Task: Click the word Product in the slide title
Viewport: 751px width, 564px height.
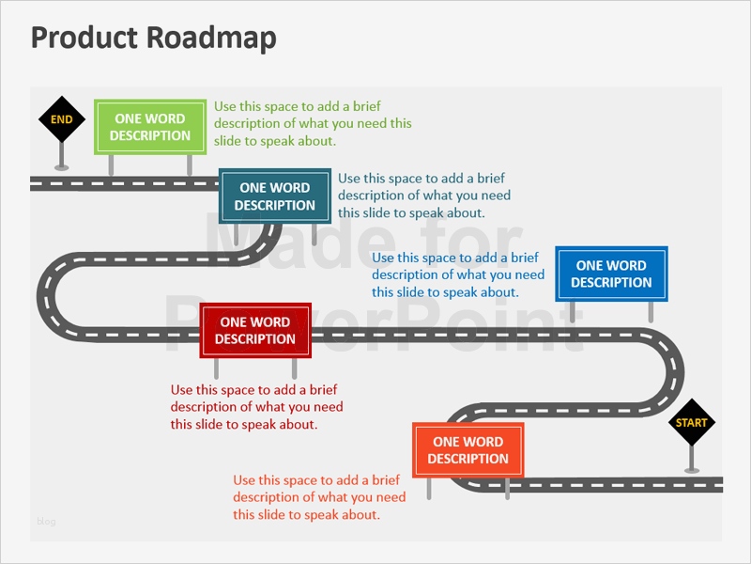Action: coord(84,38)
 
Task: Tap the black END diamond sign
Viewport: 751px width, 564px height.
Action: coord(61,119)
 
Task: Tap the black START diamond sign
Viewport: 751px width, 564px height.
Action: coord(691,422)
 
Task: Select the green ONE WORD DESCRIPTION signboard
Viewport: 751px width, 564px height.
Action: coord(150,127)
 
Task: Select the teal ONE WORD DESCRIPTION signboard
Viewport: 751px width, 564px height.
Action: coord(275,196)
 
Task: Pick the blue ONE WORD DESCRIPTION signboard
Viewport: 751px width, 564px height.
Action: coord(611,274)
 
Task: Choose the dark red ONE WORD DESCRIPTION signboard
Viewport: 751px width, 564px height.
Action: coord(254,331)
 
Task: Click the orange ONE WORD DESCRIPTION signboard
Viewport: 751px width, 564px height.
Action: coord(467,450)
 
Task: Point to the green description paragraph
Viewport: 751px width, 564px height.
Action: coord(313,124)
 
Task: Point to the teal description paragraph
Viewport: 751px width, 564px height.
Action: coord(424,196)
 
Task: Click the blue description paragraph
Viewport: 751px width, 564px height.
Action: coord(458,274)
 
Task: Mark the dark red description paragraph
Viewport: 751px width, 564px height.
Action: coord(256,407)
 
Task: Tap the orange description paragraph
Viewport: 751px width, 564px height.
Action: coord(319,497)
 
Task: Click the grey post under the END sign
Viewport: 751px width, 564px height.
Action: coord(61,155)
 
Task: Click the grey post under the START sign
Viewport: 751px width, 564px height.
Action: coord(692,458)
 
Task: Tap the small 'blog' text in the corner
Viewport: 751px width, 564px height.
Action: coord(46,521)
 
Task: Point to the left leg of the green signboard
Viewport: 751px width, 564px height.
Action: coord(112,164)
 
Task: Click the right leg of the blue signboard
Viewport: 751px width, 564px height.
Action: coord(651,314)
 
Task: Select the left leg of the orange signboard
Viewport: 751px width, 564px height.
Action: coord(429,489)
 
